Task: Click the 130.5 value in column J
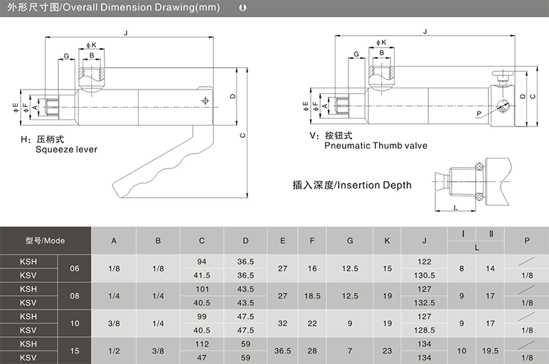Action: coord(425,275)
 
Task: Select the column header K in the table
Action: coord(387,241)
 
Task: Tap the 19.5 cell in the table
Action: coord(490,350)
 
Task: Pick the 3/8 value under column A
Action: coord(114,323)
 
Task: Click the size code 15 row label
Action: coord(75,350)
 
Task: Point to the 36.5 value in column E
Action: coord(282,350)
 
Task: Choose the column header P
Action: coord(527,241)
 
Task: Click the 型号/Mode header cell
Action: coord(46,241)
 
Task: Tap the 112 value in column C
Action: coord(202,344)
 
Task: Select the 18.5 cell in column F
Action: coord(312,296)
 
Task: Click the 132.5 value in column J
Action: coord(425,303)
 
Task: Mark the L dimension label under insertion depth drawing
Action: coord(456,208)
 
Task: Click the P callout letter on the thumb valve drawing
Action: coord(479,114)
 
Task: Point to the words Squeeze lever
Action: coord(67,149)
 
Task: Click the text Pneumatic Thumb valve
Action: coord(375,146)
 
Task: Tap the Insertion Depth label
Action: coord(374,185)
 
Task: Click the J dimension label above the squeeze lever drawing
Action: coord(126,33)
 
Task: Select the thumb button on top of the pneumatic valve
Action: coord(503,73)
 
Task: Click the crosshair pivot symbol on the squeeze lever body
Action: coord(206,101)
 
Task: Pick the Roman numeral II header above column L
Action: coord(491,234)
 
